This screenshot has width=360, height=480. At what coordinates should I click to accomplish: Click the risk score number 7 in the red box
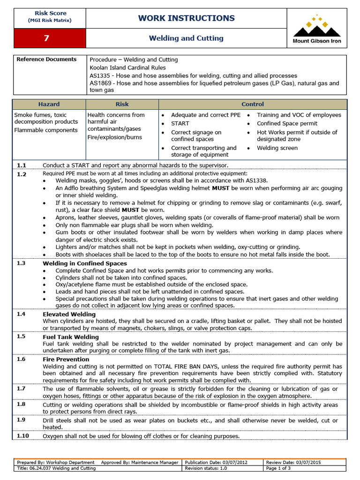(46, 38)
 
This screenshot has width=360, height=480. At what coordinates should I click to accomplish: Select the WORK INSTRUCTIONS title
(186, 18)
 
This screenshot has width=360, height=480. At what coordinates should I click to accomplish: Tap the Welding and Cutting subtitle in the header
(186, 38)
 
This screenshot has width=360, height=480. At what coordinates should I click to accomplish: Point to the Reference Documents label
(46, 60)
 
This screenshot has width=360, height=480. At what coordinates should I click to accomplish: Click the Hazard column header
(49, 104)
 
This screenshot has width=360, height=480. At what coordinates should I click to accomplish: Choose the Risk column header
(122, 104)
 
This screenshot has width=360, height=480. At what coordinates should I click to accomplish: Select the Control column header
(253, 104)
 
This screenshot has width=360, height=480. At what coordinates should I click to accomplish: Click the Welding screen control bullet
(277, 148)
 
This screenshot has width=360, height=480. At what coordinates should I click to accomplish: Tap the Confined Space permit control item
(287, 124)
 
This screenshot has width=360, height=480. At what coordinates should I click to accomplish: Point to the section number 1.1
(22, 165)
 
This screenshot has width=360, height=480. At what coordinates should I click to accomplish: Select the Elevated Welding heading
(69, 315)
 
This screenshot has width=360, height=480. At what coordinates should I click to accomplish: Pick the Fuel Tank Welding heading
(71, 337)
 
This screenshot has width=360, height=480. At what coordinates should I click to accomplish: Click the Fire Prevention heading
(66, 360)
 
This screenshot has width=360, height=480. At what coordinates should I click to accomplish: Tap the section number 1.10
(23, 436)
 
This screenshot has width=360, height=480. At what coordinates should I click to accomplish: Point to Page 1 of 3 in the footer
(278, 468)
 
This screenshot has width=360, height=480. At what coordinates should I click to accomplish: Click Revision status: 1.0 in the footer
(207, 468)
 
